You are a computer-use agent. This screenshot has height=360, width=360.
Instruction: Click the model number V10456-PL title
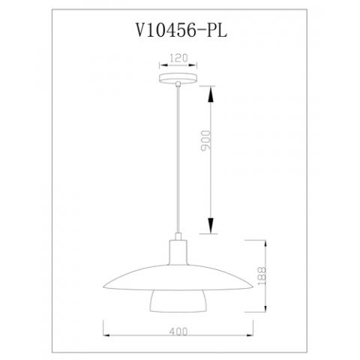coord(179,29)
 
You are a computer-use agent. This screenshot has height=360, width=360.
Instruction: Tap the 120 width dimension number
coord(179,56)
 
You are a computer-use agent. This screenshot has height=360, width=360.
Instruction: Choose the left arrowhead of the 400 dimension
coord(104,335)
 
